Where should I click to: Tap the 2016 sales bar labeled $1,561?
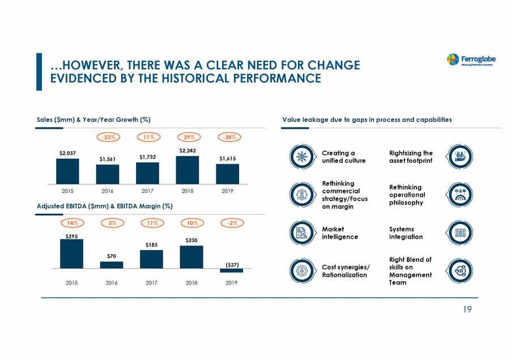107,174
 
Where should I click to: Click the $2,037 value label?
67,153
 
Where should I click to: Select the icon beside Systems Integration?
457,233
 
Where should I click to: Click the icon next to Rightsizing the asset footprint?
457,156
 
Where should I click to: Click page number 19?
465,310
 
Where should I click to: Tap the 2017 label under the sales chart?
147,192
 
